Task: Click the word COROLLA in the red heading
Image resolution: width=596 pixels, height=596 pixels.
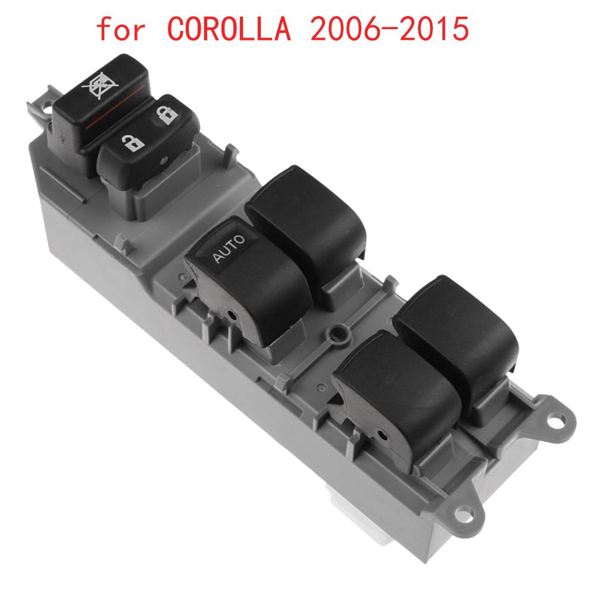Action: tap(229, 29)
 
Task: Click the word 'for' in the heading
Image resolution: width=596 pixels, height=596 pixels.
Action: tap(121, 30)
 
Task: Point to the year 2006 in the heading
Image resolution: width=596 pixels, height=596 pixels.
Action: tap(343, 29)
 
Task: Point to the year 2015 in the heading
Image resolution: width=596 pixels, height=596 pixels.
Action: tap(436, 29)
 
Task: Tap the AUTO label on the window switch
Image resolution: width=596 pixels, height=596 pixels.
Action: tap(228, 249)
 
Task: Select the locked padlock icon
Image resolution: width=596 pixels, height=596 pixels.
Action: tap(168, 114)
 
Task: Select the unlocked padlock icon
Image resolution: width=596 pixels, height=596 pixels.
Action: tap(132, 142)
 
